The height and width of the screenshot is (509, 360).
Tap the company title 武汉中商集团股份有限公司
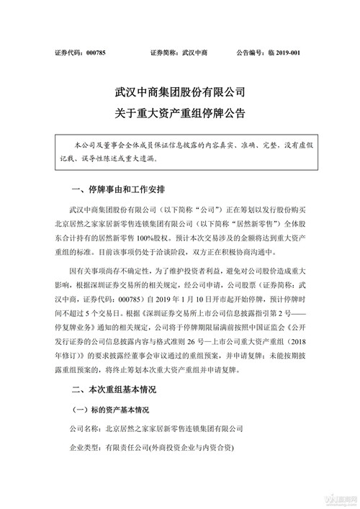[x=180, y=92]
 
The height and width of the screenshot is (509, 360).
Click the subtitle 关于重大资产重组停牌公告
[x=180, y=113]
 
